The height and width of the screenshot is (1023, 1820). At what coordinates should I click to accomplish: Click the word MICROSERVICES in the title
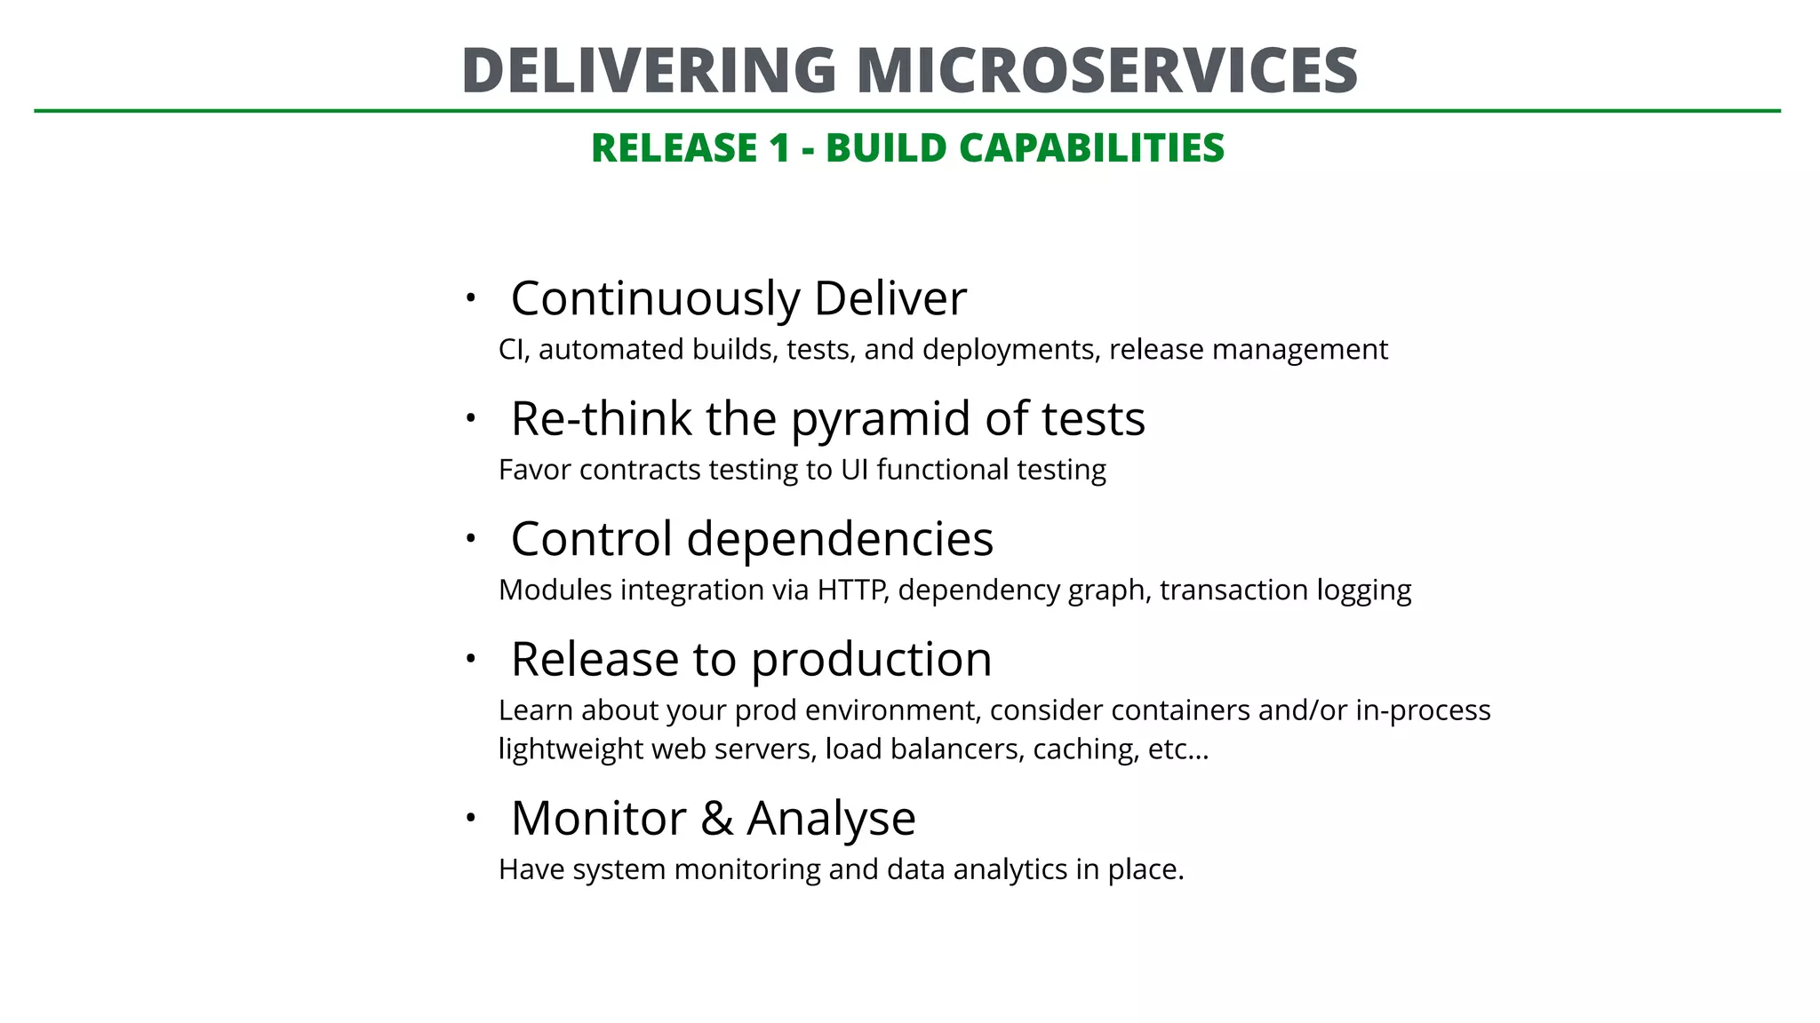pyautogui.click(x=1106, y=70)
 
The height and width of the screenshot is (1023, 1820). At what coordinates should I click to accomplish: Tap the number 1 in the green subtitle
pyautogui.click(x=779, y=147)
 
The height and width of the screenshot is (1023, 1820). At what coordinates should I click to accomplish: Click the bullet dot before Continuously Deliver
pyautogui.click(x=471, y=298)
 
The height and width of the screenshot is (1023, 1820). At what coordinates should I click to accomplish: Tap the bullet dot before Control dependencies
pyautogui.click(x=471, y=538)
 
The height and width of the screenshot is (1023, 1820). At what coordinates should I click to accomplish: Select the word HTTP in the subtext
pyautogui.click(x=851, y=590)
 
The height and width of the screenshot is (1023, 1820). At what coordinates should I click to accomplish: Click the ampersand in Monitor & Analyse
pyautogui.click(x=716, y=818)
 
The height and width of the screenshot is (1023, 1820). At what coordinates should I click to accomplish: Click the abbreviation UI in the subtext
pyautogui.click(x=854, y=470)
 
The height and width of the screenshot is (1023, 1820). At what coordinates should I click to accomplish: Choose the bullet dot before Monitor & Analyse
pyautogui.click(x=471, y=817)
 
